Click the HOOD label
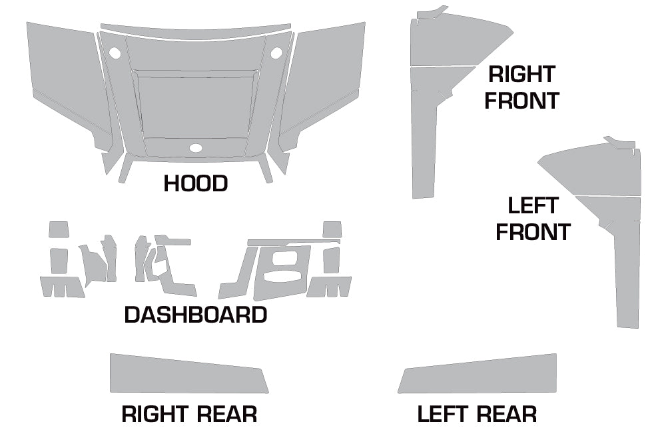[x=196, y=183]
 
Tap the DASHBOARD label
[x=196, y=315]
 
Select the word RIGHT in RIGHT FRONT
[x=521, y=74]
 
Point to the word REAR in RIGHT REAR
[x=223, y=414]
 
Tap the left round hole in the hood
[x=115, y=51]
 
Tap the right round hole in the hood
[x=277, y=51]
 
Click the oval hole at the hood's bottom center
[x=196, y=148]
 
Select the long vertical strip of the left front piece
[x=628, y=273]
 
